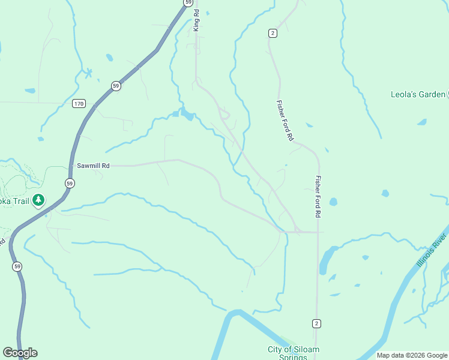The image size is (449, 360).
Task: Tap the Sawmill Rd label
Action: [93, 166]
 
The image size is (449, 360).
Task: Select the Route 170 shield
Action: [79, 104]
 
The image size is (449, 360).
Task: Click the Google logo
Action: [20, 353]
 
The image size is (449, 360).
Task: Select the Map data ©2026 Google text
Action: [412, 355]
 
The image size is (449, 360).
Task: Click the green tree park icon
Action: [38, 200]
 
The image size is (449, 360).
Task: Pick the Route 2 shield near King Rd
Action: [273, 33]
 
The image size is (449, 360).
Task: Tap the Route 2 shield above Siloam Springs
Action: [316, 323]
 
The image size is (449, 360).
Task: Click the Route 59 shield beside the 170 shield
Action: [115, 86]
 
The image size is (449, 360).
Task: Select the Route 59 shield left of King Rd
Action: [188, 3]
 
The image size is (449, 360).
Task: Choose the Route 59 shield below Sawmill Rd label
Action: [70, 183]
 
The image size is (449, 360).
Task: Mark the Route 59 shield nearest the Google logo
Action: [17, 266]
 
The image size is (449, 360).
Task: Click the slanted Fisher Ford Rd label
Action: [285, 121]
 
